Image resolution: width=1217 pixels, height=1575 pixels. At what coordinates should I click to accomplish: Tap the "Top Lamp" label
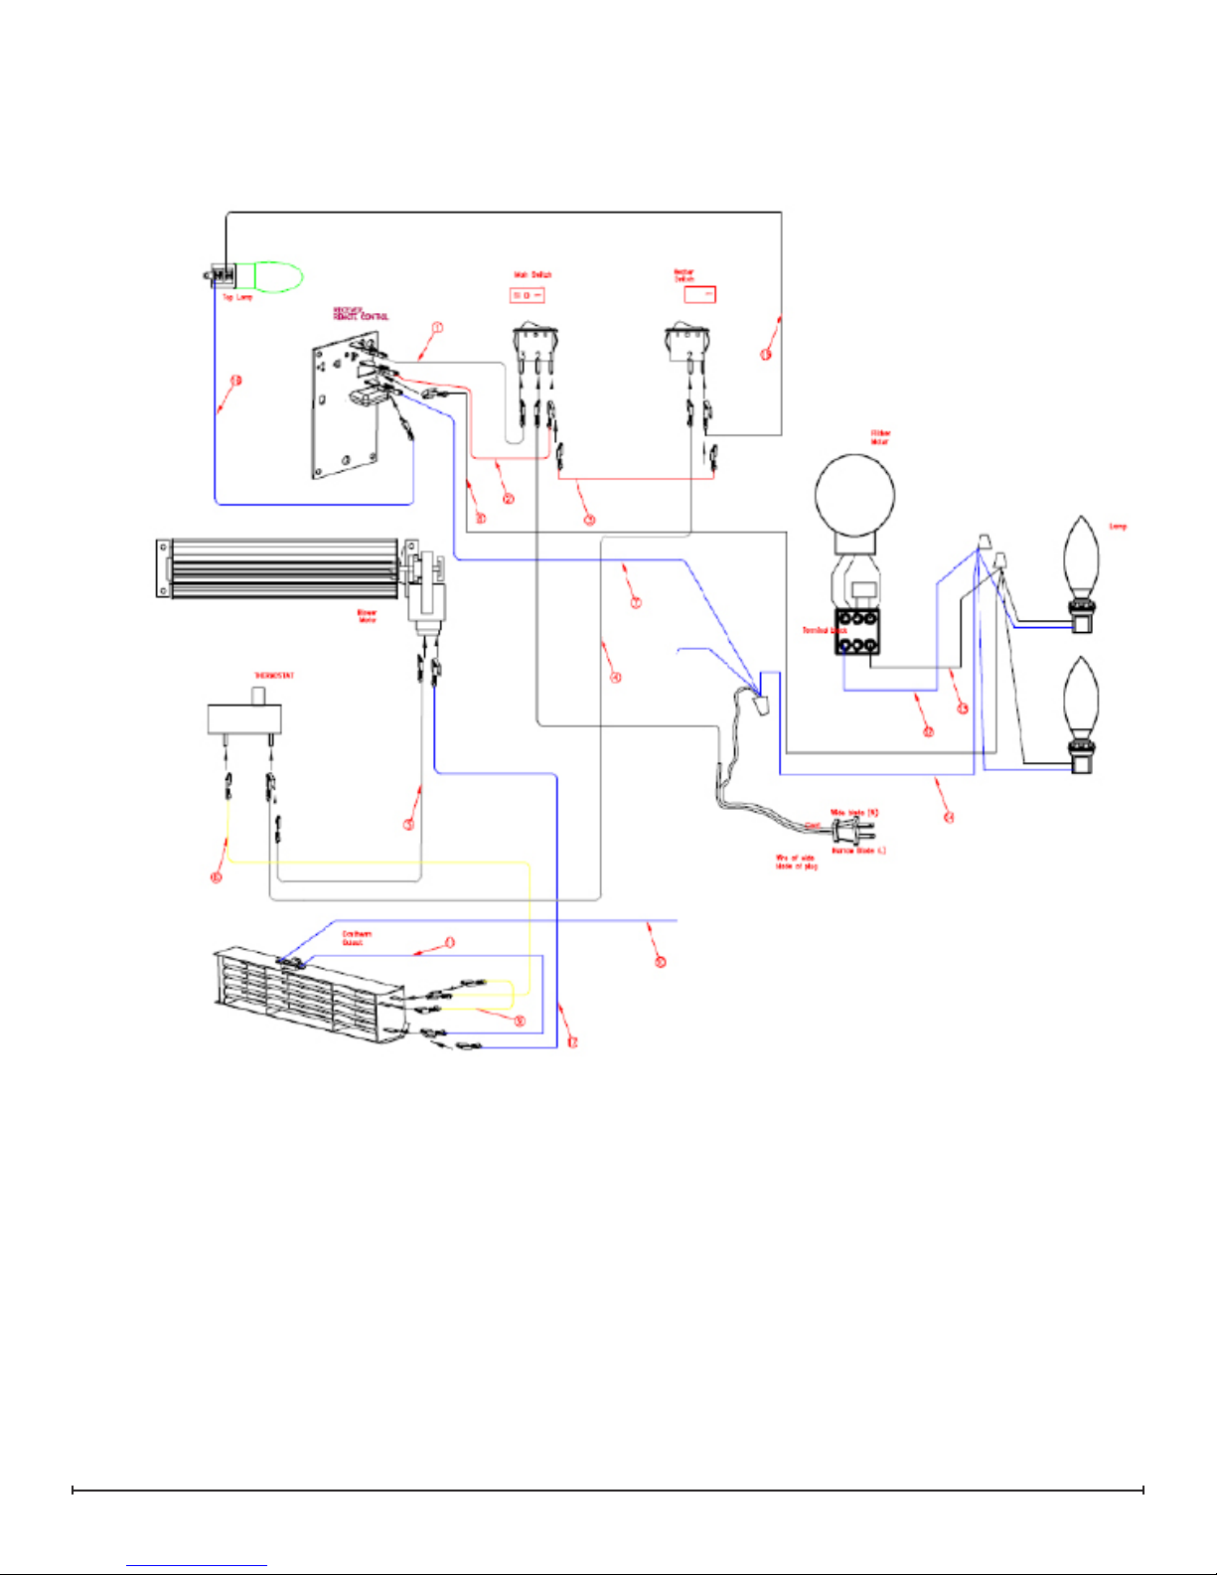[x=236, y=298]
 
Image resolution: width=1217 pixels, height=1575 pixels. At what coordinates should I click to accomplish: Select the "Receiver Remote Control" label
[x=360, y=313]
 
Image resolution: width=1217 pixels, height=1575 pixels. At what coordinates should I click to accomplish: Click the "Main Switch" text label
[x=532, y=274]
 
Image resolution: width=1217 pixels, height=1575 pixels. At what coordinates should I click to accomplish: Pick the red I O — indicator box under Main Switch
[x=527, y=295]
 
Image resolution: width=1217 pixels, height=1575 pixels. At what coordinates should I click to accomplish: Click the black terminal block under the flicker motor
[x=856, y=632]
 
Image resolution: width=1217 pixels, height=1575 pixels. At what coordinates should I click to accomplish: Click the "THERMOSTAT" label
[x=274, y=676]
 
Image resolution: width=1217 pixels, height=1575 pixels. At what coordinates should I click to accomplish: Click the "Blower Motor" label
[x=367, y=616]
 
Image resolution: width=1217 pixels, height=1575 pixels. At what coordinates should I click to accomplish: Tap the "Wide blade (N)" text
[x=854, y=813]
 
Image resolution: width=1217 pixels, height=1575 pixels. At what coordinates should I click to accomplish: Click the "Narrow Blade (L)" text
[x=858, y=851]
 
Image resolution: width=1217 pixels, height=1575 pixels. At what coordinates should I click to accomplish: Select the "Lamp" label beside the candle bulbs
[x=1118, y=527]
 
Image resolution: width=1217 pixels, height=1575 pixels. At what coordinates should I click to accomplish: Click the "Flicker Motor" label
[x=880, y=437]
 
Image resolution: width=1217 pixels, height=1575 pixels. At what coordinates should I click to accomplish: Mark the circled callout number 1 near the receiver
[x=437, y=327]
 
